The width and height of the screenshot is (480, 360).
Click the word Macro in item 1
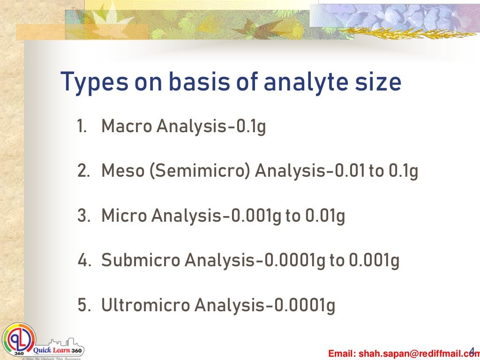[127, 126]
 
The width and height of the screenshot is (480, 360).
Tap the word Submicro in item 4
[141, 261]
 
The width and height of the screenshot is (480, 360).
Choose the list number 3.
[83, 216]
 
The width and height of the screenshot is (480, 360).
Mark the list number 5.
[83, 306]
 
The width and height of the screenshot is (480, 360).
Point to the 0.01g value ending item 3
[325, 216]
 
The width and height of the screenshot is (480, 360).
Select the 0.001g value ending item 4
[374, 261]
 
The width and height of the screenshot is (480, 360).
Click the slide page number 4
[472, 350]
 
